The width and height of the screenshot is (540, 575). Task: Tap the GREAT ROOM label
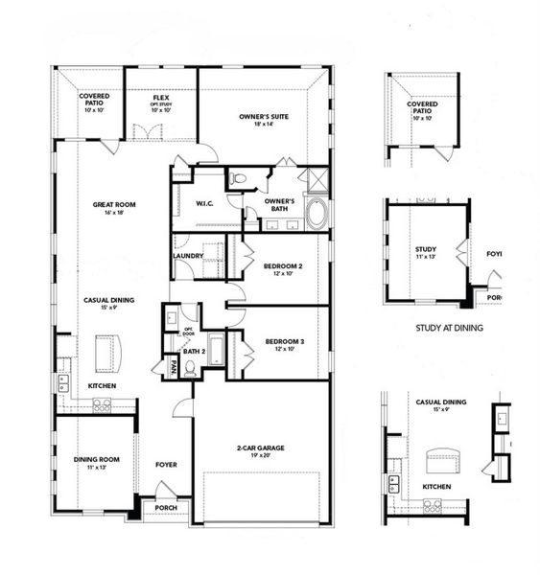pos(111,204)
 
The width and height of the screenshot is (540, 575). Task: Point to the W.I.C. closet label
pos(204,203)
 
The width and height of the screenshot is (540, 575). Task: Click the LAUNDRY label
pos(188,256)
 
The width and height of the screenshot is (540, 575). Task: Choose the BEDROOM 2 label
pos(284,265)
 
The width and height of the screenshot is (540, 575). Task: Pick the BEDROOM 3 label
pos(284,341)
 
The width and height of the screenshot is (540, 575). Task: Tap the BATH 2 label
pos(195,352)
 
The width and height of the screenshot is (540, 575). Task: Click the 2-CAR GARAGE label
pos(260,448)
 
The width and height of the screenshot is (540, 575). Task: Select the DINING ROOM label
pos(96,459)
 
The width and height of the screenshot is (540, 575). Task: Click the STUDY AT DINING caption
pos(449,328)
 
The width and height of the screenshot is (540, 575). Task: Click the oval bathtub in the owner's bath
pos(317,213)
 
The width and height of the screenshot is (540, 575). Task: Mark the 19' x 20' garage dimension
pos(260,456)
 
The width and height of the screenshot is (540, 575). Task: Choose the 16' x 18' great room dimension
pos(111,213)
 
